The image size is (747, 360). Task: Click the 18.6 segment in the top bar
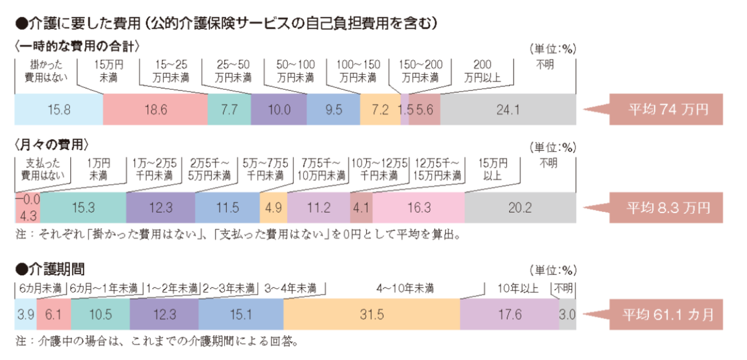[x=156, y=110]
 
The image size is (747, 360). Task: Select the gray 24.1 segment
[x=508, y=110]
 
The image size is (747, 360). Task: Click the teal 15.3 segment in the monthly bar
[x=83, y=208]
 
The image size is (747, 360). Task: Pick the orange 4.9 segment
[x=273, y=208]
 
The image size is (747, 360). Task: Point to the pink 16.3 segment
[x=419, y=208]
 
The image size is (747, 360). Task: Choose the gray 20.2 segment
[x=520, y=208]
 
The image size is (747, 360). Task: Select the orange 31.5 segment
[x=372, y=314]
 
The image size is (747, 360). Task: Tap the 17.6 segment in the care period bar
[x=510, y=314]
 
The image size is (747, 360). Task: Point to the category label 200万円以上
[x=482, y=71]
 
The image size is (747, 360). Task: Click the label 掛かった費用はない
[x=46, y=71]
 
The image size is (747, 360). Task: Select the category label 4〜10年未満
[x=405, y=288]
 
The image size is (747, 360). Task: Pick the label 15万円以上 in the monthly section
[x=493, y=169]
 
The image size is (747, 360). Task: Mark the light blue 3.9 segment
[x=26, y=314]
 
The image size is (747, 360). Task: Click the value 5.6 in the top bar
[x=424, y=110]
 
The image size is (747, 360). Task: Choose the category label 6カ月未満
[x=40, y=288]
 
